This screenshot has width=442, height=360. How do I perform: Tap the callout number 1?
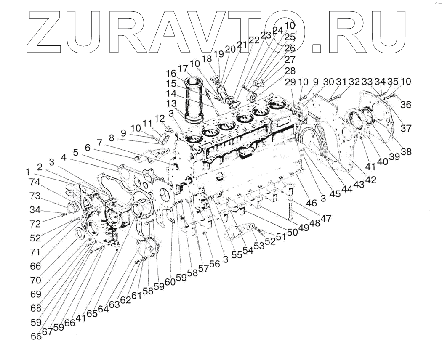27,172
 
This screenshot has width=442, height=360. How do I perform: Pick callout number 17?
183,69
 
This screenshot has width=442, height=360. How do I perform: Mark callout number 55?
237,255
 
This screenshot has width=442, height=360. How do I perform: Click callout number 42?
370,179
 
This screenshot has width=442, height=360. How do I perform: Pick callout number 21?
242,45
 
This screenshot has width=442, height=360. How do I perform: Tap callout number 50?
293,232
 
